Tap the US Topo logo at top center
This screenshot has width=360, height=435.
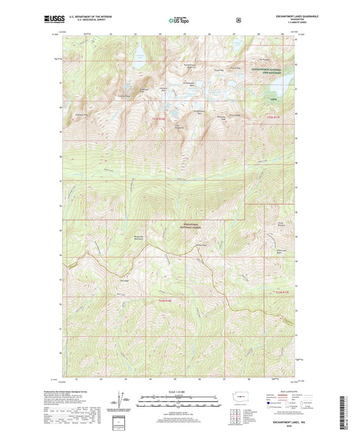tap(179, 20)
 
